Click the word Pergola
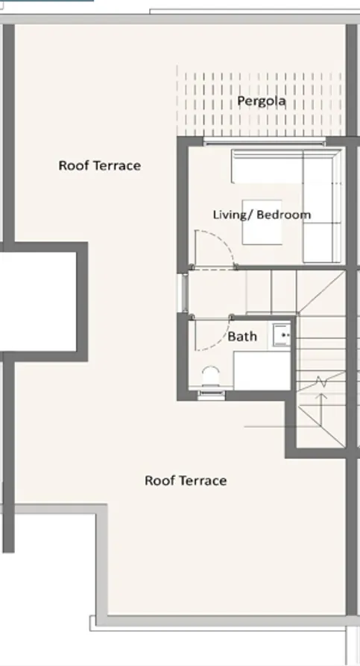click(x=261, y=101)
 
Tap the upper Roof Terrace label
click(x=99, y=165)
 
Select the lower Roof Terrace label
click(x=186, y=481)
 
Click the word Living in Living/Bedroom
click(x=228, y=215)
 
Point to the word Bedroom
click(x=284, y=215)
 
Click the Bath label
click(x=242, y=336)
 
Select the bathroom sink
click(x=282, y=335)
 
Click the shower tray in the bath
click(x=261, y=370)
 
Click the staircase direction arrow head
click(x=321, y=397)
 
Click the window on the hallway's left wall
click(x=182, y=291)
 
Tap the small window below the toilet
click(x=209, y=394)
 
